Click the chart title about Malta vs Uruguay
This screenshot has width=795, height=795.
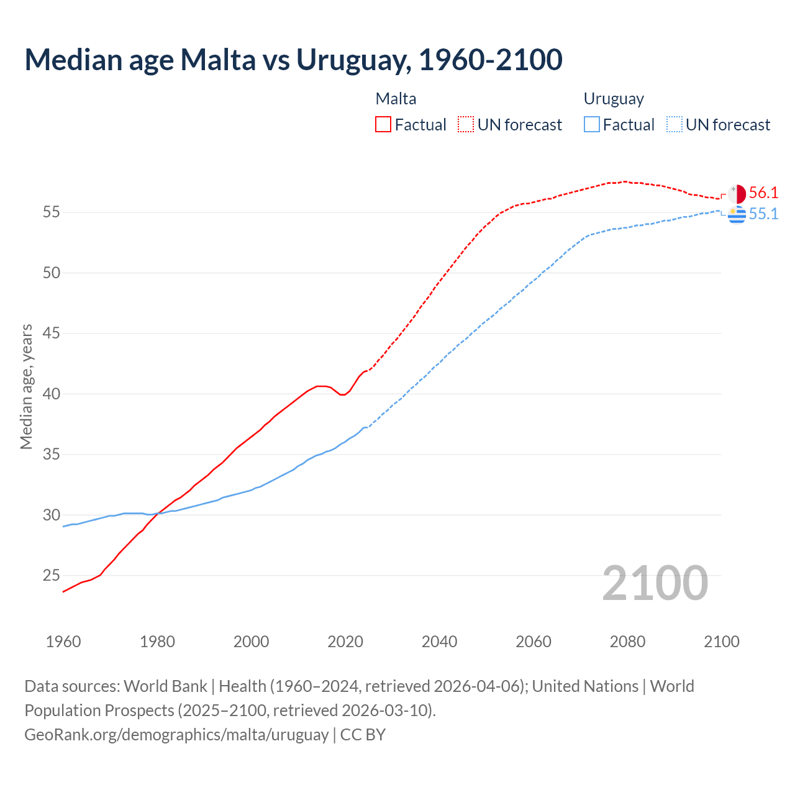[x=293, y=60]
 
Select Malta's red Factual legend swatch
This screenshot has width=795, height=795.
[x=383, y=125]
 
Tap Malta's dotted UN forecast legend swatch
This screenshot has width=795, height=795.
[x=466, y=125]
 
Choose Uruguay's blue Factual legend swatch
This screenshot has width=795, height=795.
[x=592, y=125]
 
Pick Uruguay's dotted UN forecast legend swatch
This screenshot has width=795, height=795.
[x=675, y=125]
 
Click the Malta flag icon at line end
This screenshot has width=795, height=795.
[x=737, y=194]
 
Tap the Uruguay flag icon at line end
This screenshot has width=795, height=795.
[x=737, y=214]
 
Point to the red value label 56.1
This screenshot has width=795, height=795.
[x=763, y=193]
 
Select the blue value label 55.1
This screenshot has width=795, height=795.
[x=763, y=214]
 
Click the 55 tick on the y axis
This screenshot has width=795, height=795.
[x=52, y=212]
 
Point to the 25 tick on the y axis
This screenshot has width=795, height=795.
[x=52, y=576]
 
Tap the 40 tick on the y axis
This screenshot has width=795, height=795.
[x=52, y=394]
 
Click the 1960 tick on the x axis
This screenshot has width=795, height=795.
[x=63, y=642]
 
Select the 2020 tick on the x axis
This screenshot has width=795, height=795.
[x=345, y=642]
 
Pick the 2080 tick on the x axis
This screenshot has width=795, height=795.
[x=627, y=642]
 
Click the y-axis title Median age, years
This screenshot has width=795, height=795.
[x=26, y=386]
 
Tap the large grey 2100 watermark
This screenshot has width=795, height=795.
[x=655, y=583]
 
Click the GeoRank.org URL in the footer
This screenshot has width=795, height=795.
[x=176, y=735]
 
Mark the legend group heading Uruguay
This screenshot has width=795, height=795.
[x=614, y=99]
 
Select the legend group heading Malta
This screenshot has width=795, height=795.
[x=396, y=99]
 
